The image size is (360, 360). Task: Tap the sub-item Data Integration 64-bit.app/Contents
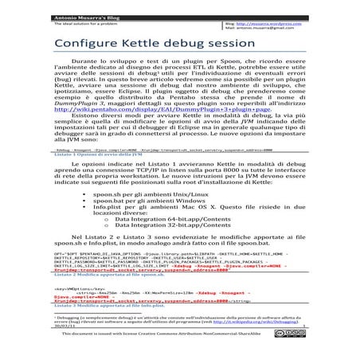click(x=168, y=267)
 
